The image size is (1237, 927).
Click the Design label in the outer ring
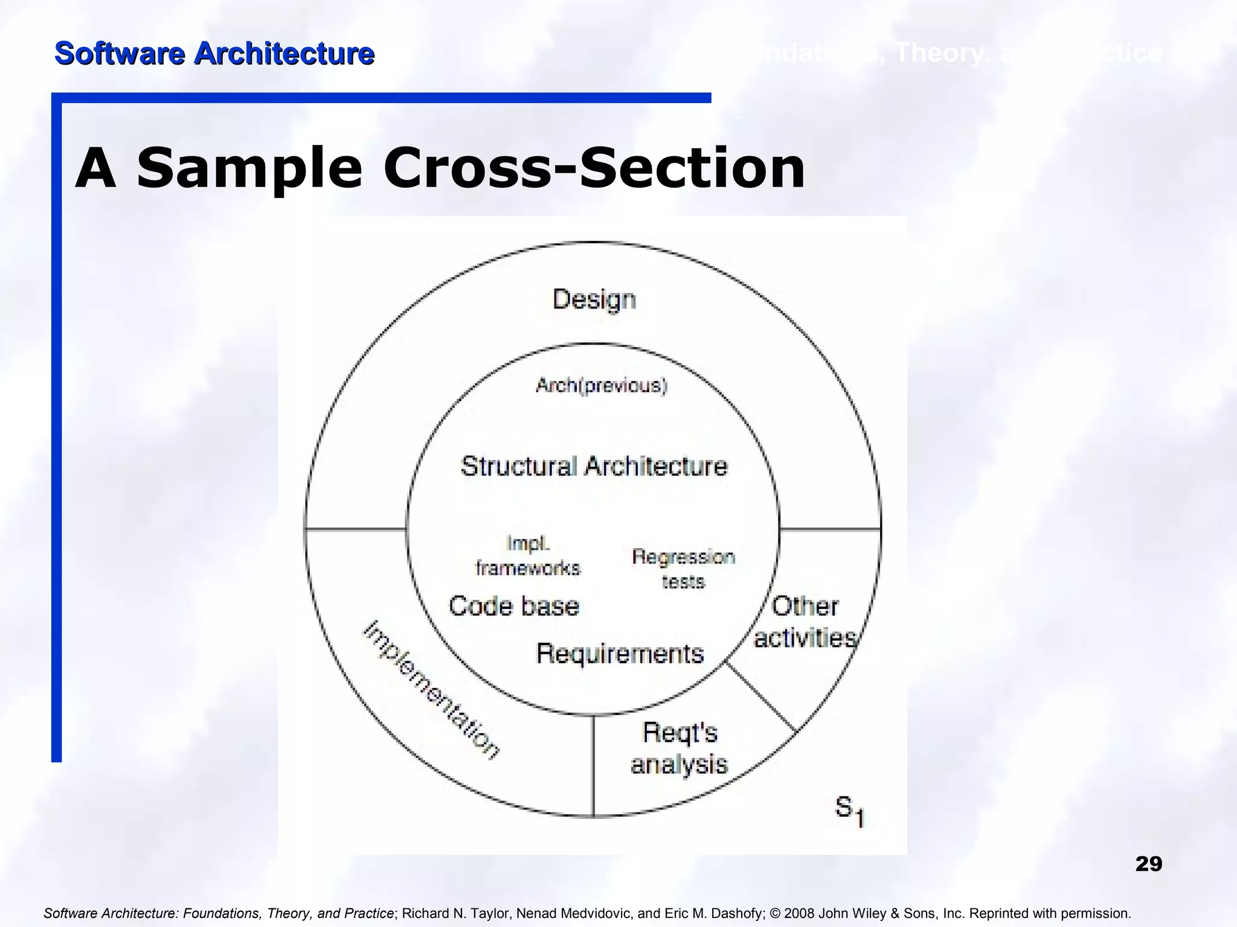594,300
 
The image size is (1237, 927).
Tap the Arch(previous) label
602,386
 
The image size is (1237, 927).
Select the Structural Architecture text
594,467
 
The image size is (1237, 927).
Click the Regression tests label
683,569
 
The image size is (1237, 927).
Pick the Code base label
514,606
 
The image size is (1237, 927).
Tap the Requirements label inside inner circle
620,654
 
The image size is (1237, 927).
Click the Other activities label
805,622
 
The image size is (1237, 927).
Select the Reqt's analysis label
680,748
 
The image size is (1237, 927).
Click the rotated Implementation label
431,689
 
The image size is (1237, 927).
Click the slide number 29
1148,864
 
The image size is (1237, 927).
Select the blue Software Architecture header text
214,54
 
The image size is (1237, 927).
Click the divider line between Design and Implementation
355,529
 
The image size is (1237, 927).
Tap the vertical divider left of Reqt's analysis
593,765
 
